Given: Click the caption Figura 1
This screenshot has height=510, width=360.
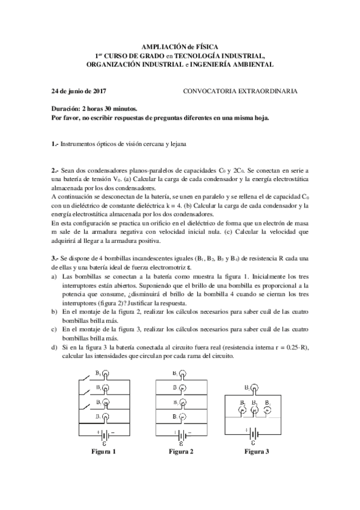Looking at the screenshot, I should click(103, 452).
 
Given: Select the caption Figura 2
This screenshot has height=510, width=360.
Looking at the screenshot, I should click(181, 452).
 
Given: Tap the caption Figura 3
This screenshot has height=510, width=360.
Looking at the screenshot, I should click(257, 452).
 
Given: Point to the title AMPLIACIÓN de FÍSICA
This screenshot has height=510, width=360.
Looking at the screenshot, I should click(180, 46).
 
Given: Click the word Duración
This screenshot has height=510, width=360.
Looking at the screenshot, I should click(65, 109).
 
